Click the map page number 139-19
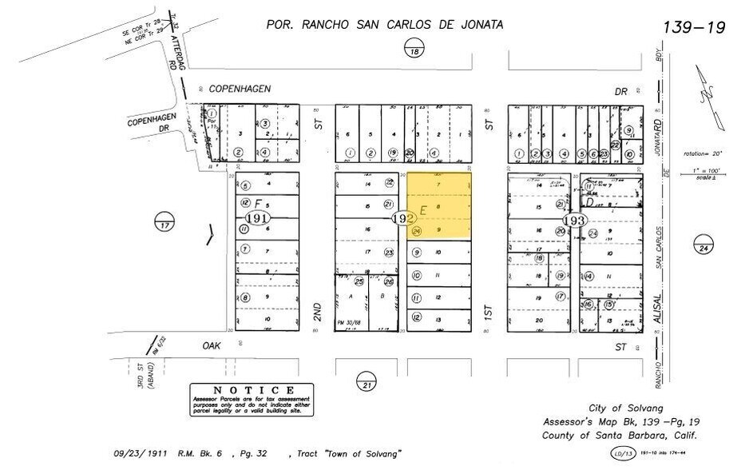(693, 28)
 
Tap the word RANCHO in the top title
(325, 25)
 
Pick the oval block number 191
(258, 217)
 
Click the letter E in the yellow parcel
(424, 209)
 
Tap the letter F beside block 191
(257, 204)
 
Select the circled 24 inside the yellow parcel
(416, 232)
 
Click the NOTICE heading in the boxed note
(251, 389)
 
